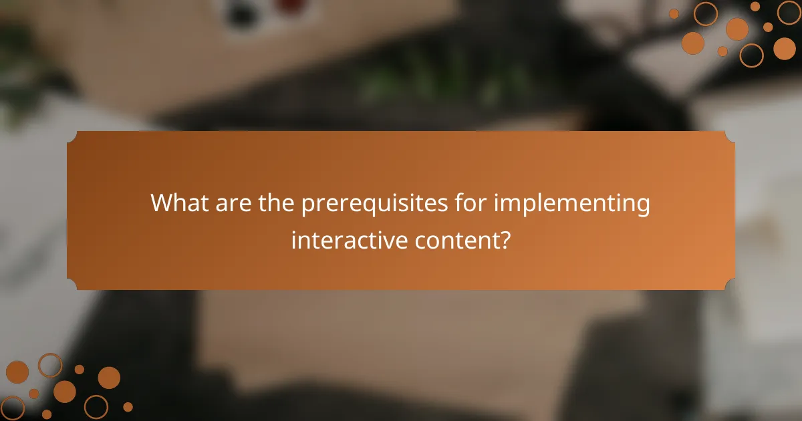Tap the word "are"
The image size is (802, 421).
[x=236, y=203]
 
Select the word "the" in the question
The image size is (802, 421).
[x=277, y=203]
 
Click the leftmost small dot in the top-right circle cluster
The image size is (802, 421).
[x=674, y=13]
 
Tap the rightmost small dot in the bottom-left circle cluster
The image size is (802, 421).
[x=128, y=406]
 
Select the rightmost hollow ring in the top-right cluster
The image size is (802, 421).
[x=789, y=12]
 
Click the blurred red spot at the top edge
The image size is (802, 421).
[x=291, y=5]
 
